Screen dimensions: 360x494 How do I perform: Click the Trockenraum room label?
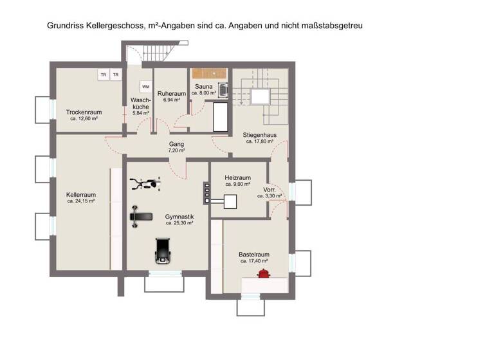(x=84, y=112)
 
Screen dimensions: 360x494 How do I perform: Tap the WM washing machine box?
(x=146, y=87)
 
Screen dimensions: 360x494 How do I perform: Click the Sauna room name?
(x=204, y=86)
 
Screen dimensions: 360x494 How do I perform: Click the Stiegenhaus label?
(x=259, y=135)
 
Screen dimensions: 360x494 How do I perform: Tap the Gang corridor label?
(x=177, y=145)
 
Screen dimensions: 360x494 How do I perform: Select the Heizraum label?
(x=237, y=177)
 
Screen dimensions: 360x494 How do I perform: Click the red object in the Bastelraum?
(x=263, y=274)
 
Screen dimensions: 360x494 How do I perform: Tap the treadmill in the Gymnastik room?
(x=162, y=251)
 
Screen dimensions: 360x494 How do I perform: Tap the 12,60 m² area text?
(x=84, y=119)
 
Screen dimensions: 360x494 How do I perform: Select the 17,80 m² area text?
(x=259, y=142)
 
